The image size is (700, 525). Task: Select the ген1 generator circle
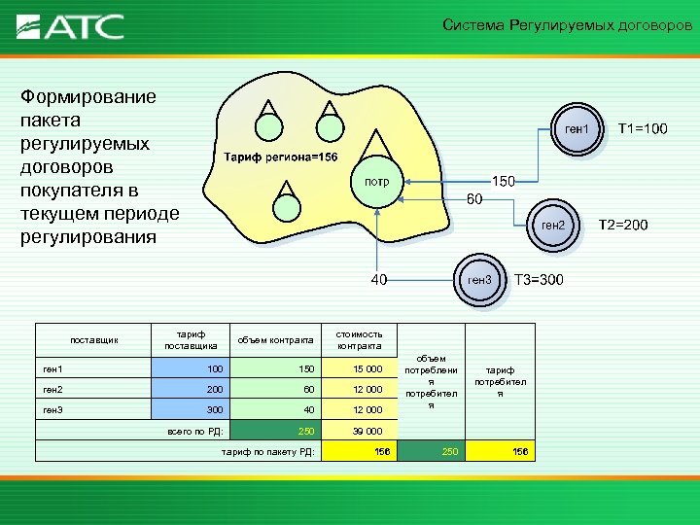(577, 129)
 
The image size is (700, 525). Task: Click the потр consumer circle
(376, 182)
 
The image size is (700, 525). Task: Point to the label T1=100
(643, 129)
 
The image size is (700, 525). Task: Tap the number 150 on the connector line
(503, 181)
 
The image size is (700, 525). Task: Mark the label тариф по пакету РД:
(267, 452)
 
